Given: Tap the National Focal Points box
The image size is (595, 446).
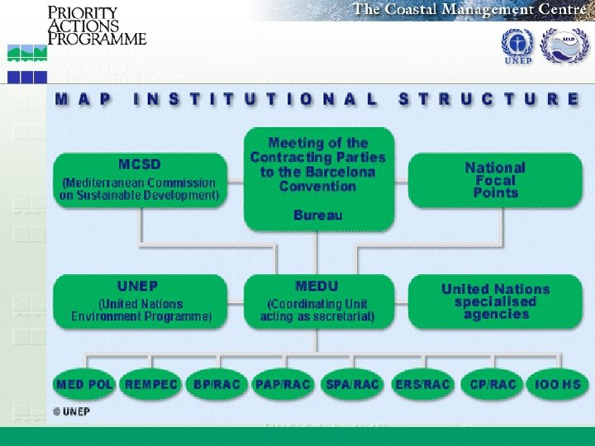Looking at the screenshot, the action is (495, 179).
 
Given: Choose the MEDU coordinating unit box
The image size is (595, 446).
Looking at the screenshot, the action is (317, 301).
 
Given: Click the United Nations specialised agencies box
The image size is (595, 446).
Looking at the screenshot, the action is (495, 301).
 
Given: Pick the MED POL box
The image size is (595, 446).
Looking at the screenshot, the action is (84, 384).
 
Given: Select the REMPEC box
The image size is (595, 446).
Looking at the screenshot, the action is (151, 384).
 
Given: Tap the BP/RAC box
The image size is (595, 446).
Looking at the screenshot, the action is (217, 384).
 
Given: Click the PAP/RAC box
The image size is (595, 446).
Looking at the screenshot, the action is (283, 384).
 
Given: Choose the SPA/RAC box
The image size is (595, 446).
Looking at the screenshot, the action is (353, 384).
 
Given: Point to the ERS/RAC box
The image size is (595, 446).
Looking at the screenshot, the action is (422, 384).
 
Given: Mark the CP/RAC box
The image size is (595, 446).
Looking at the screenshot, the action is (493, 384).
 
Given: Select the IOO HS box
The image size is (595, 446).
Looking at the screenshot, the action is (558, 384).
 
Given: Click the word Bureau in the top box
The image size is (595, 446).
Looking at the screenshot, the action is (317, 216).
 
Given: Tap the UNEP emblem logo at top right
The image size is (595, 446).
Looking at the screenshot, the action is (518, 45).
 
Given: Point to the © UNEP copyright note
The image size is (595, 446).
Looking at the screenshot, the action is (72, 410).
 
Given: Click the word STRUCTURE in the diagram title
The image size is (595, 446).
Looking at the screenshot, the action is (489, 98).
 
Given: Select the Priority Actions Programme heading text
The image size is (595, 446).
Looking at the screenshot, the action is (96, 26).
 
